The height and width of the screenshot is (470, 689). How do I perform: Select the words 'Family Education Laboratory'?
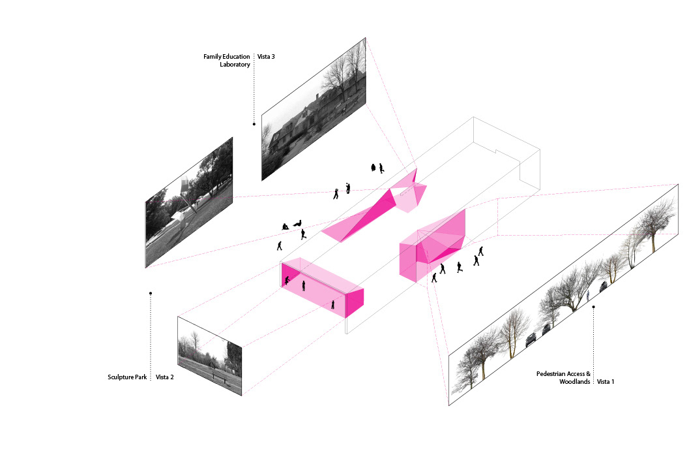tap(227, 61)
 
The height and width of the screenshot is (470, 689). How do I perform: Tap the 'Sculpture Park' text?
tap(126, 377)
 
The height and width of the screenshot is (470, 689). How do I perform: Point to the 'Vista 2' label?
tap(164, 377)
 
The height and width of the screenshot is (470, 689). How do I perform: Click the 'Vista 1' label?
tap(606, 381)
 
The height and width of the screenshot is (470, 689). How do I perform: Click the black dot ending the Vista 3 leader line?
tap(254, 123)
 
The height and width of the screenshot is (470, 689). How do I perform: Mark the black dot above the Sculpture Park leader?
tap(151, 294)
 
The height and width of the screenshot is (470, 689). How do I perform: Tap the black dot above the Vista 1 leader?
tap(593, 306)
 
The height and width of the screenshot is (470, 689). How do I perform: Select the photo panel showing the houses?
tap(313, 108)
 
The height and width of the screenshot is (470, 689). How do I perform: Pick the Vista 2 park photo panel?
tap(209, 356)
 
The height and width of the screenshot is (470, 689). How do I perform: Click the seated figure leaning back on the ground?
tap(297, 224)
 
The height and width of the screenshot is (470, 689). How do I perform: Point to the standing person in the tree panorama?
tap(587, 295)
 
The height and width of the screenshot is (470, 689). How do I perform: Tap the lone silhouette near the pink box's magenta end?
tap(333, 304)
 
